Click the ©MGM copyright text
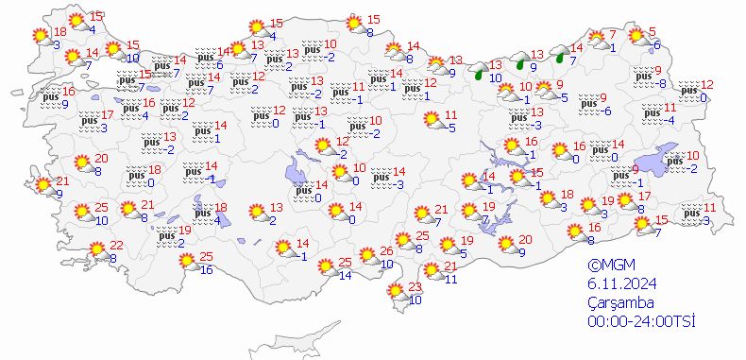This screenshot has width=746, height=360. pyautogui.click(x=608, y=266)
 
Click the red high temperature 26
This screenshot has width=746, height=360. pyautogui.click(x=386, y=250)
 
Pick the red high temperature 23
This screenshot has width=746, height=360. pyautogui.click(x=414, y=288)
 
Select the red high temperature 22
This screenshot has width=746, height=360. pyautogui.click(x=116, y=245)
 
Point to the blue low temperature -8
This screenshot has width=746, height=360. pyautogui.click(x=662, y=83)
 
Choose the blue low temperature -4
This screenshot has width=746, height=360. pyautogui.click(x=669, y=119)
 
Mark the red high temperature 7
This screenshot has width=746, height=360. pyautogui.click(x=612, y=35)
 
